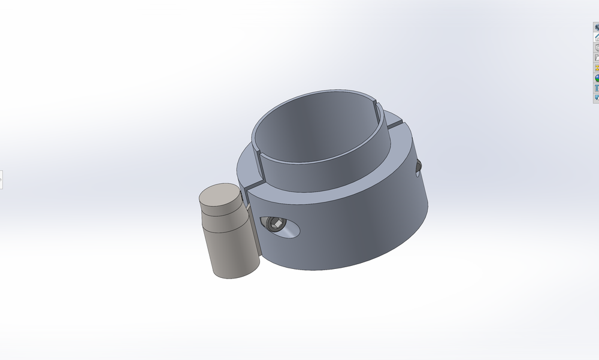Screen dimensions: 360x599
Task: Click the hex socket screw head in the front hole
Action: click(276, 225)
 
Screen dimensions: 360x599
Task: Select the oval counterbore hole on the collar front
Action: click(288, 229)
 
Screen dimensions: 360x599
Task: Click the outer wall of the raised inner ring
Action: click(323, 174)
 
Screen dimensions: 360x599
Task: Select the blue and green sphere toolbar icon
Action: click(597, 78)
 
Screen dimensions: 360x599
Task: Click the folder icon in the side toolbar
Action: click(597, 58)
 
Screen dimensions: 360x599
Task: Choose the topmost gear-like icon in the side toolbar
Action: click(597, 27)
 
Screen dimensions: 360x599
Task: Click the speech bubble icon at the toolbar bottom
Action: click(597, 98)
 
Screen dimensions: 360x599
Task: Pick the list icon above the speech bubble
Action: click(597, 88)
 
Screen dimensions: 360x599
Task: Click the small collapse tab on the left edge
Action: click(1, 179)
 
